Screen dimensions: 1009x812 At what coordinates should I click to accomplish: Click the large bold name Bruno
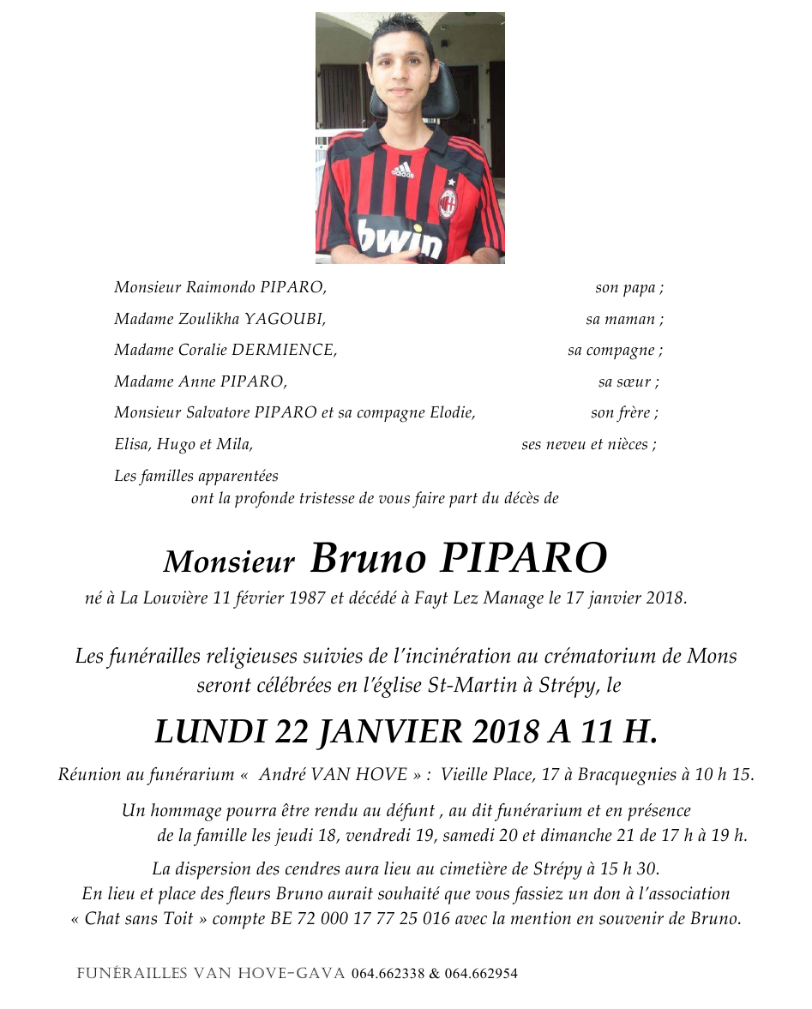click(368, 559)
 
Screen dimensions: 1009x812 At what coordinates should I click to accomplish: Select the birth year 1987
click(302, 598)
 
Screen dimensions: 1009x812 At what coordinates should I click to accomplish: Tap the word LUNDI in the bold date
click(209, 731)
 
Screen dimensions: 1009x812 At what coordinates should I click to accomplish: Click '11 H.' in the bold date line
click(618, 731)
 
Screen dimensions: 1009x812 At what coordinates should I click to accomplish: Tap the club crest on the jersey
click(448, 203)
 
